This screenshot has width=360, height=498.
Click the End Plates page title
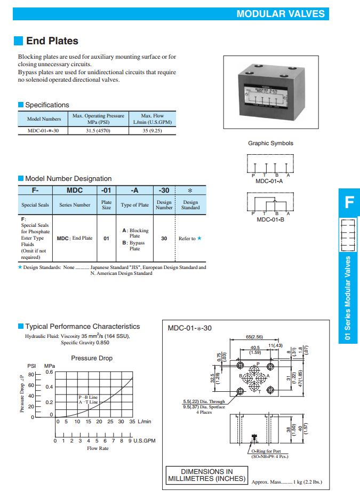[52, 41]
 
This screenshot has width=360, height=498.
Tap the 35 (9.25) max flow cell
[152, 130]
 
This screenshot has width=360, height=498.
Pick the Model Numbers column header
[44, 118]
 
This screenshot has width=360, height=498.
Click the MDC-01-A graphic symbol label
[269, 181]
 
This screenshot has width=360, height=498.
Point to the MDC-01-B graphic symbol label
[269, 219]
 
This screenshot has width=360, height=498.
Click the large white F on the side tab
[349, 202]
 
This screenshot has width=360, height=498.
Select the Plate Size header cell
[107, 205]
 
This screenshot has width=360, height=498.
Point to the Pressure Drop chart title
[92, 358]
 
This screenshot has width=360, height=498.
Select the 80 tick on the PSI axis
[31, 374]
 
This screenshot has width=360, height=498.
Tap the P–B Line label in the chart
[88, 397]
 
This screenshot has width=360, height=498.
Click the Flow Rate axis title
[98, 448]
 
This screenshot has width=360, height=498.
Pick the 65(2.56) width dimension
[253, 337]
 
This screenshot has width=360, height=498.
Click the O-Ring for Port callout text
[269, 451]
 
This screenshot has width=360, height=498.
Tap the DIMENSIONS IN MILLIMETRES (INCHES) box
[207, 475]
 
